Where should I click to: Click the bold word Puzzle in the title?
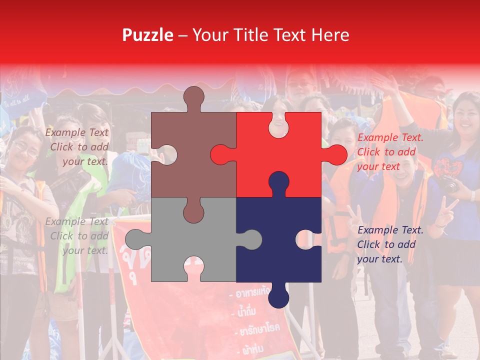[148, 35]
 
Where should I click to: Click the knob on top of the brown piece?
[193, 97]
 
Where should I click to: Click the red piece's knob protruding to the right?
[336, 154]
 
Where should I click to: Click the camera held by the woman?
[448, 184]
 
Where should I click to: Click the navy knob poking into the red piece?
[278, 182]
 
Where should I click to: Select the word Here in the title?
[330, 35]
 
